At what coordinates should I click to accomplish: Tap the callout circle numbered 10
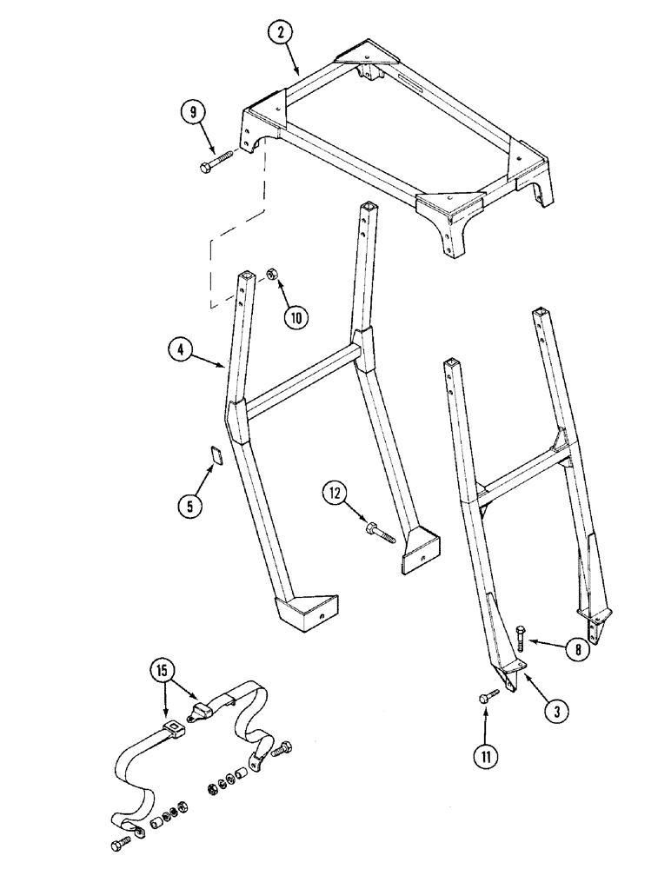click(x=296, y=317)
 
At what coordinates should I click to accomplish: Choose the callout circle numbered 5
click(x=190, y=503)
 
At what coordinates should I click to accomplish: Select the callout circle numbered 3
click(x=556, y=710)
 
